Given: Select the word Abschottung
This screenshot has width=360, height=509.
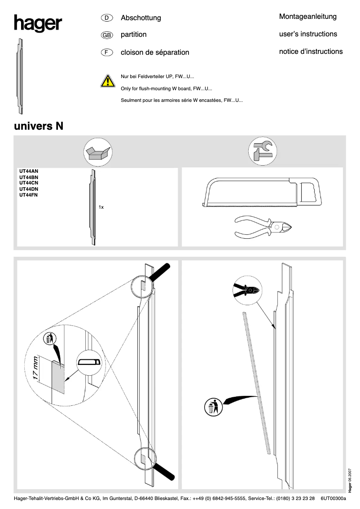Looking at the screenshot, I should point(140,18).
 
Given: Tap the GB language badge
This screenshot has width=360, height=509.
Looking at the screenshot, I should point(106,35).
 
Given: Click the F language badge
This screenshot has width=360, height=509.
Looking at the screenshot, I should point(106,53).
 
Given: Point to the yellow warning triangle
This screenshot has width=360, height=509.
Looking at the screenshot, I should point(107,81).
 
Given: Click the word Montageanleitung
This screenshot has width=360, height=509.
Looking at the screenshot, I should point(307,17).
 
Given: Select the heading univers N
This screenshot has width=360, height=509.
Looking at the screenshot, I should point(39,126).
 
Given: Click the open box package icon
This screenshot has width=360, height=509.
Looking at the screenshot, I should point(98,152).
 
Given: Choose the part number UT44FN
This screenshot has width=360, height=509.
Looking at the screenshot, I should point(28,195).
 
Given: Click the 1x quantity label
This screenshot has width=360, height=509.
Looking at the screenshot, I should point(101,207).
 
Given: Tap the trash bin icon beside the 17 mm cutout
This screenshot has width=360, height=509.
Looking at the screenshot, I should point(49,339).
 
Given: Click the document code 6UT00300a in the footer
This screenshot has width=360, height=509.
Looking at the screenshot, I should point(334,498).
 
